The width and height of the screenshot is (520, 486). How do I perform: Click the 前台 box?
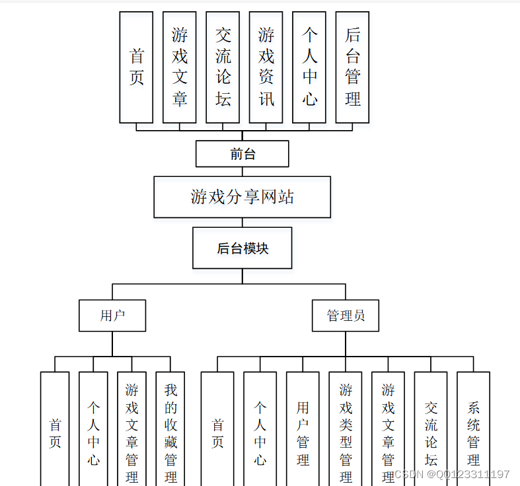[x=242, y=154]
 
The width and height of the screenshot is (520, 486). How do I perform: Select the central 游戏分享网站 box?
[x=242, y=197]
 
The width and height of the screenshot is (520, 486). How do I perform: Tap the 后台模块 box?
[x=242, y=248]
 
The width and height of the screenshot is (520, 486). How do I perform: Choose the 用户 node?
[x=112, y=316]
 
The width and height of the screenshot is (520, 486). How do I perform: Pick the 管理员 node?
[x=346, y=316]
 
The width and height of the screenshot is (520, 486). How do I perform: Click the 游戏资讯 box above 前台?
[x=266, y=67]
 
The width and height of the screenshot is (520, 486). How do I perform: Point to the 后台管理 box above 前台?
[x=352, y=67]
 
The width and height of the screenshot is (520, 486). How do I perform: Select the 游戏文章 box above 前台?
[x=179, y=67]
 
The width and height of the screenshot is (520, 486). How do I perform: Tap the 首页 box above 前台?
[x=136, y=67]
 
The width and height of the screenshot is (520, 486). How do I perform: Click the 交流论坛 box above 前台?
[x=223, y=67]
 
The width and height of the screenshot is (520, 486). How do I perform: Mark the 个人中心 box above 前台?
[x=309, y=67]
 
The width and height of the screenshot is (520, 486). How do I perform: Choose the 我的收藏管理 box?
[x=170, y=429]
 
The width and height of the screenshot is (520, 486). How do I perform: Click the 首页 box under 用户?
[x=55, y=429]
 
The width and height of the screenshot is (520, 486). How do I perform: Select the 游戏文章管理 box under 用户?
[x=132, y=429]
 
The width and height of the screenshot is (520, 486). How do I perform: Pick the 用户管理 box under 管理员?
[x=303, y=429]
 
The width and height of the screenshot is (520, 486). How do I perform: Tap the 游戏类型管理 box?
[x=346, y=429]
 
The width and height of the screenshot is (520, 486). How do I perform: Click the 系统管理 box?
[x=473, y=429]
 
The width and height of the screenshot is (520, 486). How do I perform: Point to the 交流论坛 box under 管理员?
[x=431, y=429]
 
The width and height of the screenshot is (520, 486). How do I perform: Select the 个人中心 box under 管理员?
[x=260, y=429]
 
